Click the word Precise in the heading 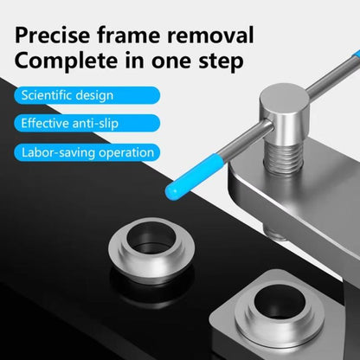point(63,36)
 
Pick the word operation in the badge point(127,153)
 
